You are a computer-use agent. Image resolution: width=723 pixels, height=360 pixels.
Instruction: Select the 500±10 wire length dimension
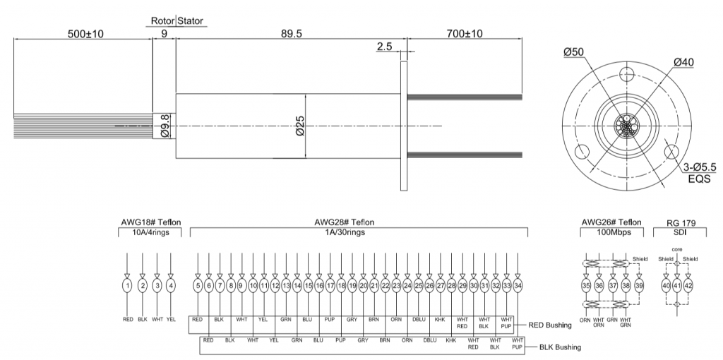pos(85,34)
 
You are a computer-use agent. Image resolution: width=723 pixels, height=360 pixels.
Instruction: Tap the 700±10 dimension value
pos(465,34)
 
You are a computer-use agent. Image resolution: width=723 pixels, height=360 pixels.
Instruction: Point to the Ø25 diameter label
pos(299,126)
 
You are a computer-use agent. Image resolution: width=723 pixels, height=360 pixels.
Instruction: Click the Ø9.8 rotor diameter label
pos(165,126)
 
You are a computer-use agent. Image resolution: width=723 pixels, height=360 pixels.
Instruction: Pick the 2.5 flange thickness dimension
pos(384,46)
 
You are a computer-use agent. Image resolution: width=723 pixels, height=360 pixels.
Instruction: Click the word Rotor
pos(163,20)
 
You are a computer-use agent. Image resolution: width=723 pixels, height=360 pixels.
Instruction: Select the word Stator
pos(190,20)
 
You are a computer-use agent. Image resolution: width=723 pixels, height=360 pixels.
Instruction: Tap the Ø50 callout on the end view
pos(573,52)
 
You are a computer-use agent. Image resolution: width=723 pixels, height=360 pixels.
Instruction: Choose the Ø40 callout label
pos(683,62)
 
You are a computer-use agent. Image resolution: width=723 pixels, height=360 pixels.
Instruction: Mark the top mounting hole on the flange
pos(626,73)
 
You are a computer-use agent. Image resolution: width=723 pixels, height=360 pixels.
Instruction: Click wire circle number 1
pos(127,286)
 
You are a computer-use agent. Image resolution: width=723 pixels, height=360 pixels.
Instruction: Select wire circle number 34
pos(518,286)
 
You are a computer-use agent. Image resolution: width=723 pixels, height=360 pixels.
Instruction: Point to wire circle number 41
pos(677,286)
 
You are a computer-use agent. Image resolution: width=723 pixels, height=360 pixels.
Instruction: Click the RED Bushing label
pos(549,325)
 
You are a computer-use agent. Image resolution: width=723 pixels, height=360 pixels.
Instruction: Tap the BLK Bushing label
pos(560,347)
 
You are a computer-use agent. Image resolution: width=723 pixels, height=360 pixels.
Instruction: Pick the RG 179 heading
pos(681,223)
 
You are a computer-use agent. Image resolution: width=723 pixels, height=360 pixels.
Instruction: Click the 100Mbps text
pos(611,232)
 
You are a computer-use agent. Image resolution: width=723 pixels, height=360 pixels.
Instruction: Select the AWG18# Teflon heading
pos(151,222)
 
